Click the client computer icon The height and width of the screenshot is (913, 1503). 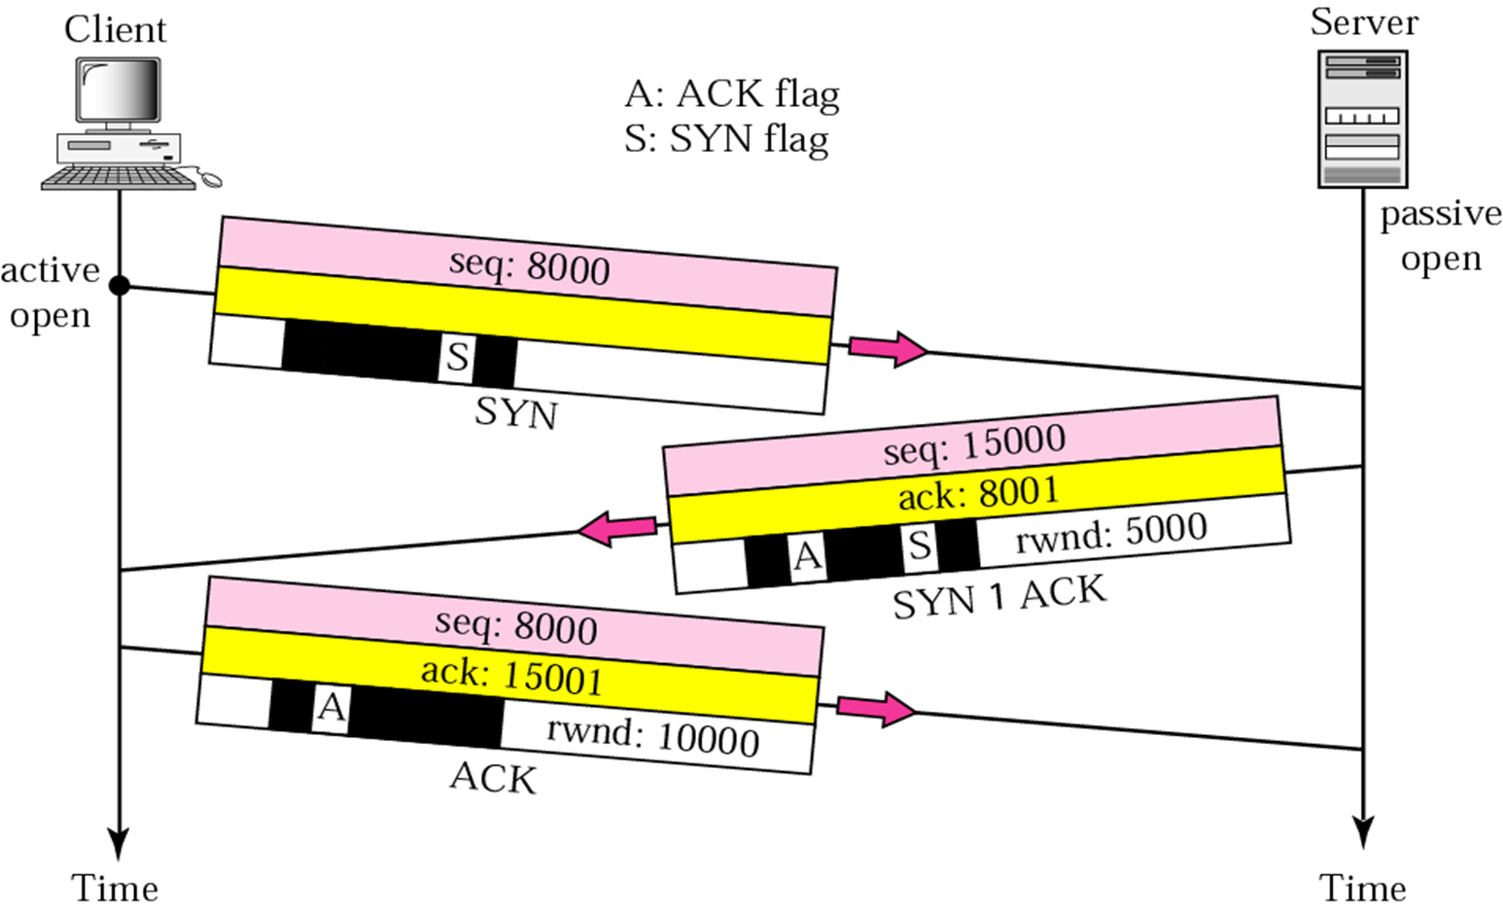coord(122,122)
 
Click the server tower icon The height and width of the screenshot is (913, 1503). coord(1362,119)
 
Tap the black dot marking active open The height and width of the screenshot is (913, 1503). coord(119,286)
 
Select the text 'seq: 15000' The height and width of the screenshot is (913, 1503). coord(974,444)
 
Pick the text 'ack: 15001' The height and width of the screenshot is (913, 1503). coord(512,675)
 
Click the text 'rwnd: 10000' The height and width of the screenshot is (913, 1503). coord(652,736)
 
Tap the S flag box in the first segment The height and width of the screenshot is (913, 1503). coord(457,358)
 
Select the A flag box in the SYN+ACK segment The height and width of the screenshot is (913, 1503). coord(808,557)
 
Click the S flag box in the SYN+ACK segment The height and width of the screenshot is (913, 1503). coord(919,546)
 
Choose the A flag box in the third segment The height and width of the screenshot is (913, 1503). coord(332,707)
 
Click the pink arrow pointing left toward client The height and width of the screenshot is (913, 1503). coord(615,530)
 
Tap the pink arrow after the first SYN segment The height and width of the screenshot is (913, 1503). coord(888,348)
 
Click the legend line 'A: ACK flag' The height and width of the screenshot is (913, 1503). coord(731,94)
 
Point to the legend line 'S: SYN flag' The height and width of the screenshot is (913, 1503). coord(726,139)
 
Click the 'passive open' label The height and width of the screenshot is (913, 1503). coord(1440,236)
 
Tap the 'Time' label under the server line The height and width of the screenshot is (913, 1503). coord(1362,888)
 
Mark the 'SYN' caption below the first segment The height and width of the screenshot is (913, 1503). coord(516,413)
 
